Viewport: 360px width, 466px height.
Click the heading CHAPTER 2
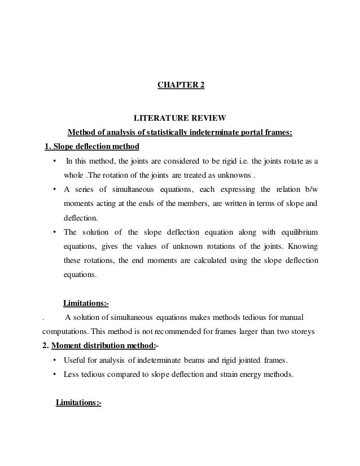180,86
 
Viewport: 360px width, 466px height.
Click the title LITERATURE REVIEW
179,118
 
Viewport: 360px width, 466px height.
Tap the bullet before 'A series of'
54,189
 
